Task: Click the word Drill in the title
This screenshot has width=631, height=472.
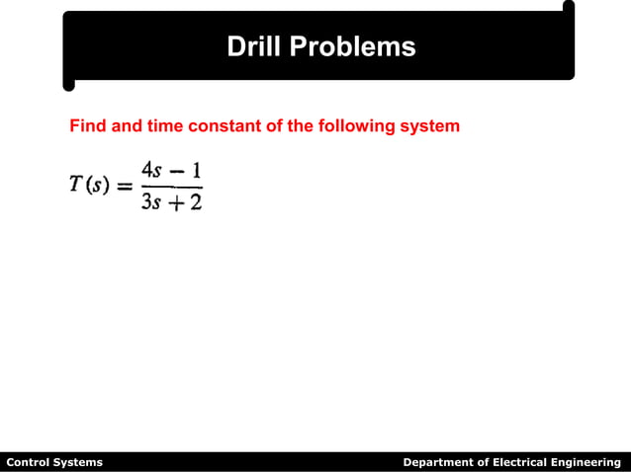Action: pos(254,46)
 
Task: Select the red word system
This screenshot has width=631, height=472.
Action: pos(431,126)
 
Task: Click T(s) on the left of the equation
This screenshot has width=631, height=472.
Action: pos(88,188)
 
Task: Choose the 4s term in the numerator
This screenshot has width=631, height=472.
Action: pos(153,169)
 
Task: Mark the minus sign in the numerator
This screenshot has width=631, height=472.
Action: pos(178,170)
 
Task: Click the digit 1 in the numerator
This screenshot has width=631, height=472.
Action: pos(196,169)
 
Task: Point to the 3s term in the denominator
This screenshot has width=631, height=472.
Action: pos(152,205)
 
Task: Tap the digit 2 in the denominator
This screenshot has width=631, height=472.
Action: pos(196,205)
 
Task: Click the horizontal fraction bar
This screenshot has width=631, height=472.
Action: pos(173,188)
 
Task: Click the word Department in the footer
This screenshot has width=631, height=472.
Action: pos(438,462)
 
